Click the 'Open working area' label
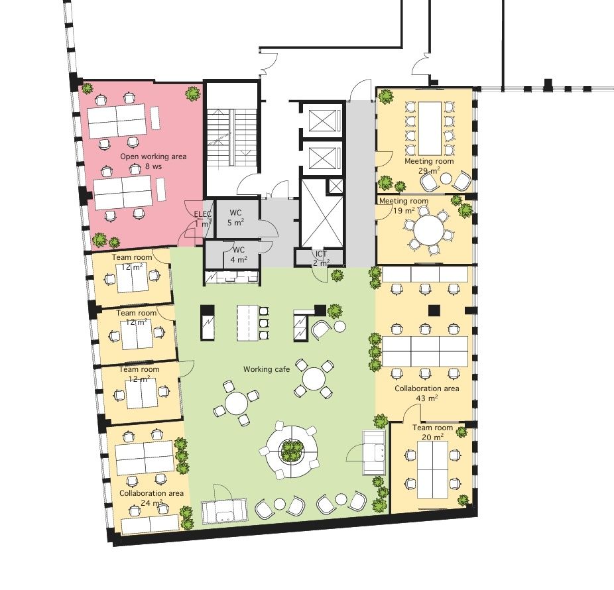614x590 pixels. point(153,156)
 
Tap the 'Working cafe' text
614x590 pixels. point(267,369)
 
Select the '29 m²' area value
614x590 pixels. point(429,170)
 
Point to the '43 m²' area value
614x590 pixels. point(426,398)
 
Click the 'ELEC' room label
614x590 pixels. point(202,214)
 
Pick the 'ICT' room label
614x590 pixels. point(321,254)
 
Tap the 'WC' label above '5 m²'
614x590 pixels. point(235,213)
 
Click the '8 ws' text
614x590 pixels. point(153,166)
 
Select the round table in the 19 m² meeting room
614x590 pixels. point(429,230)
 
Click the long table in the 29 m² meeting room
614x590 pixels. point(430,128)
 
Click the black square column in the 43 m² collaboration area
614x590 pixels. point(434,310)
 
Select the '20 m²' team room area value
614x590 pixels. point(433,437)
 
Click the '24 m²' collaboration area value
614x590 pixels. point(151,502)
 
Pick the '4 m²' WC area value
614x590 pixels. point(239,259)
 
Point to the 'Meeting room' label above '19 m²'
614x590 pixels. point(404,201)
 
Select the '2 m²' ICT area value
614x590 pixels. point(321,263)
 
